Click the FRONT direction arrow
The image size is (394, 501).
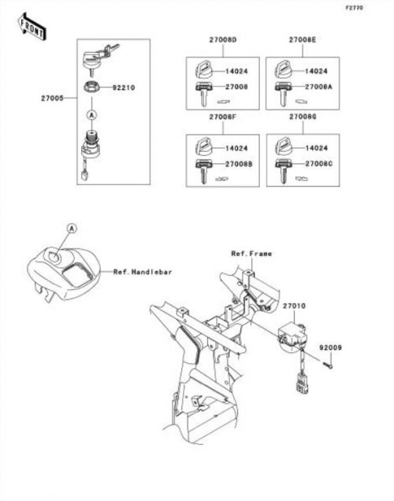click(x=32, y=27)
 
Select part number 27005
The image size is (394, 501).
click(x=52, y=98)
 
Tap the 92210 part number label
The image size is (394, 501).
click(x=124, y=87)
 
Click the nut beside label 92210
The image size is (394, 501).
click(x=91, y=87)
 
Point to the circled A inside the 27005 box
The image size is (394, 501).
click(x=91, y=114)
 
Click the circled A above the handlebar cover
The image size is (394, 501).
click(x=72, y=228)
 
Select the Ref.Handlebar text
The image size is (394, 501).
click(x=143, y=272)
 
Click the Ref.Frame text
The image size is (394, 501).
click(x=251, y=254)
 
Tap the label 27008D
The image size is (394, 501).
click(x=223, y=40)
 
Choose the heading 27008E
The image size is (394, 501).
click(x=303, y=39)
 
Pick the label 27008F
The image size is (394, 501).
click(x=223, y=117)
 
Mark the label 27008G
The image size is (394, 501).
click(x=303, y=117)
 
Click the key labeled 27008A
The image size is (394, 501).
click(x=283, y=94)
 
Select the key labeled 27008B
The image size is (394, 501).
click(x=203, y=172)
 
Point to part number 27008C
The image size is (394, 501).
click(x=319, y=164)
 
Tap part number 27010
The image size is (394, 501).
click(x=294, y=306)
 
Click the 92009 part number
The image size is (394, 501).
click(x=330, y=347)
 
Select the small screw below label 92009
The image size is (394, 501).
click(x=328, y=365)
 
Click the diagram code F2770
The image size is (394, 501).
click(x=355, y=8)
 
